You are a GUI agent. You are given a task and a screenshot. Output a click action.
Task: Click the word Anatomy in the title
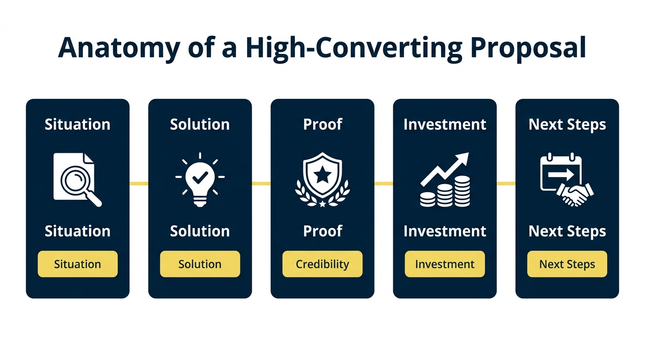pos(120,47)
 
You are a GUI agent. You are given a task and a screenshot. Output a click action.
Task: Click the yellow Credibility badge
pos(322,264)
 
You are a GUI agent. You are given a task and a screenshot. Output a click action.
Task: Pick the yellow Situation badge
pos(77,264)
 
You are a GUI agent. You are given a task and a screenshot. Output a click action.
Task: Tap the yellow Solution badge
pos(200,264)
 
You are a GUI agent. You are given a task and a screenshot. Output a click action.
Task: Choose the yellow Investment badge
pos(445,264)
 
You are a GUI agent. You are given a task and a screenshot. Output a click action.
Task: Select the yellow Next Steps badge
pos(567,264)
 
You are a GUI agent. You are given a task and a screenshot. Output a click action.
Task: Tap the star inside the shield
pos(322,176)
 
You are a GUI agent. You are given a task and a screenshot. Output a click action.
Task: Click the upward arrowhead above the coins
pos(462,159)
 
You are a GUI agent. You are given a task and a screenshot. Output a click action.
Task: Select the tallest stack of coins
pos(462,191)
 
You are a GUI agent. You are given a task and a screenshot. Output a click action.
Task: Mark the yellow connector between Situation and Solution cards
pos(139,183)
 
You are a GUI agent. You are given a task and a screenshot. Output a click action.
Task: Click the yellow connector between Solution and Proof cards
pos(261,183)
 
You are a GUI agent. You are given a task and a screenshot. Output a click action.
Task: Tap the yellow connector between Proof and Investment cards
pos(383,183)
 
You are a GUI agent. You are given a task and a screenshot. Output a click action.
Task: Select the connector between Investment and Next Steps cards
pos(506,183)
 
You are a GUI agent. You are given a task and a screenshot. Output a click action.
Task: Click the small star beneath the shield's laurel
pos(322,203)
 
